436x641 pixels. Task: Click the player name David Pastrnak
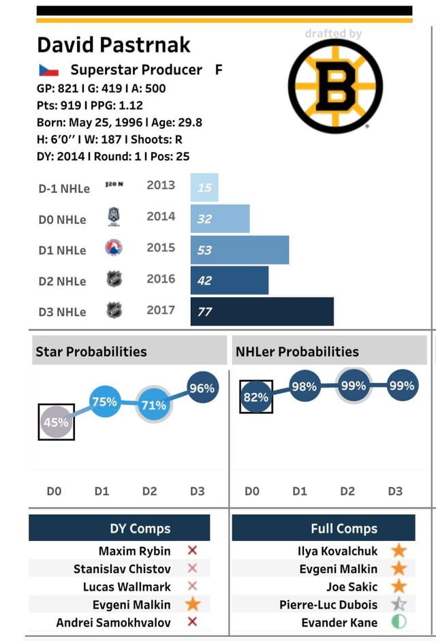pyautogui.click(x=113, y=45)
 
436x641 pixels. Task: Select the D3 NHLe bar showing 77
pyautogui.click(x=262, y=311)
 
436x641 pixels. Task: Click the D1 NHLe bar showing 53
pyautogui.click(x=240, y=250)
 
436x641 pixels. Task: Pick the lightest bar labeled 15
pyautogui.click(x=204, y=187)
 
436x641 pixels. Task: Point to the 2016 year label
pyautogui.click(x=161, y=279)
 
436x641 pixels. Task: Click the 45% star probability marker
pyautogui.click(x=56, y=422)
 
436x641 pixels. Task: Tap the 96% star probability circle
pyautogui.click(x=202, y=388)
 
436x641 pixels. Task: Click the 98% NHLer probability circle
pyautogui.click(x=304, y=386)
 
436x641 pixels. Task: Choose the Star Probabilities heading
pyautogui.click(x=91, y=351)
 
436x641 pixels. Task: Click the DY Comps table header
pyautogui.click(x=140, y=529)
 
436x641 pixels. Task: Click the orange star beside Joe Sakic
pyautogui.click(x=399, y=586)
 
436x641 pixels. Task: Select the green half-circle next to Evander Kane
pyautogui.click(x=399, y=622)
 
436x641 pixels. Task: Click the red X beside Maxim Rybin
pyautogui.click(x=192, y=550)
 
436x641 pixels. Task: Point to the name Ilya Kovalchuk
pyautogui.click(x=338, y=550)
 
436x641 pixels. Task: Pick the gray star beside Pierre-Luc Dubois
pyautogui.click(x=399, y=604)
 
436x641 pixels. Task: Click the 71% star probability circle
pyautogui.click(x=153, y=405)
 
